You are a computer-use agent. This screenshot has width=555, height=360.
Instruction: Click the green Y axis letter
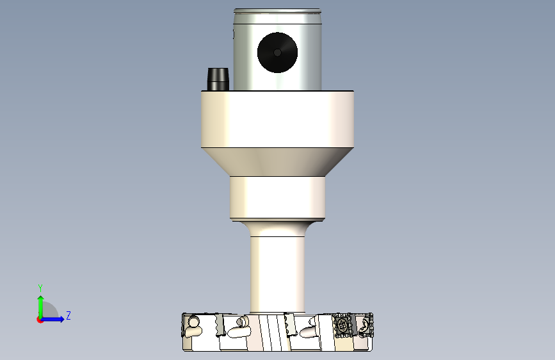click(40, 288)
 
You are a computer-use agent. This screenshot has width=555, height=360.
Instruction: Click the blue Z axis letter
click(68, 315)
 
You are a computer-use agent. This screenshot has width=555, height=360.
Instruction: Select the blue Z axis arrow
click(52, 319)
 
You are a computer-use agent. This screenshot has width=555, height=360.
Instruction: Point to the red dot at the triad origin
click(40, 320)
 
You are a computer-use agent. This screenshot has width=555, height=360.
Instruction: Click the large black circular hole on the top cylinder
click(278, 53)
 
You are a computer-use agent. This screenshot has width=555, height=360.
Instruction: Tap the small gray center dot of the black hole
click(278, 53)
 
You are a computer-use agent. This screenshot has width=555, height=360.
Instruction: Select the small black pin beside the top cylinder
click(218, 79)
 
